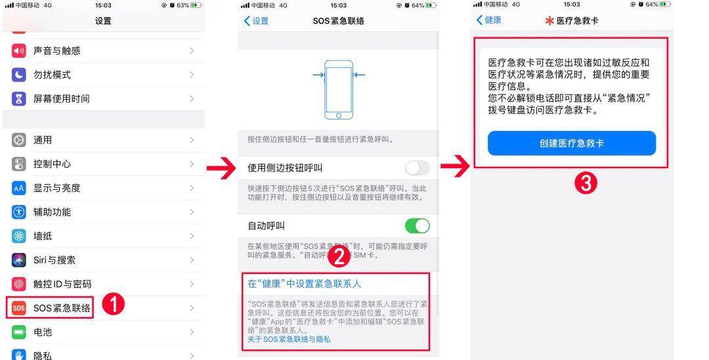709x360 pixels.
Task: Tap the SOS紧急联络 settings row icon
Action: click(x=18, y=308)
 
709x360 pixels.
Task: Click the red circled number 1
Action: click(x=113, y=304)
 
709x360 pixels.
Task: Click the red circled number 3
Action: click(x=586, y=183)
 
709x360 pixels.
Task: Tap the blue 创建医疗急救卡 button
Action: click(x=572, y=143)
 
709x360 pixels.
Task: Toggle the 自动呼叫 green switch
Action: click(x=417, y=226)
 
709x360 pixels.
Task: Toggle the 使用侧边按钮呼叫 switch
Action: click(x=417, y=168)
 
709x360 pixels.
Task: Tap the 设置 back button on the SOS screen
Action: click(x=257, y=21)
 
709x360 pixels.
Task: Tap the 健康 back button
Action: click(x=489, y=20)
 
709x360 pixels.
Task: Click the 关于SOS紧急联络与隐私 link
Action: click(x=289, y=339)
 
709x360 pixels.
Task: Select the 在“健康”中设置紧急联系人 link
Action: click(x=305, y=284)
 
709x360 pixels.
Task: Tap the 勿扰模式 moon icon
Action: click(x=18, y=75)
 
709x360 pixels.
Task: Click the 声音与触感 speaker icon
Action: click(x=18, y=51)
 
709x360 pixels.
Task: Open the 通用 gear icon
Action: click(x=18, y=140)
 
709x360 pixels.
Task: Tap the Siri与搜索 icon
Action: click(x=18, y=260)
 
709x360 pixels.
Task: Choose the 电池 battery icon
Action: click(x=18, y=332)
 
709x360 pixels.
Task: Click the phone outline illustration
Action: click(x=339, y=90)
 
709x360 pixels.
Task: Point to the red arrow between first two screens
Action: click(x=222, y=169)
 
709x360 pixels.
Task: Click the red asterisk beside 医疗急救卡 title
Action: click(x=549, y=21)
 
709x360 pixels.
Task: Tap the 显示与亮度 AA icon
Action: click(x=18, y=188)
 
